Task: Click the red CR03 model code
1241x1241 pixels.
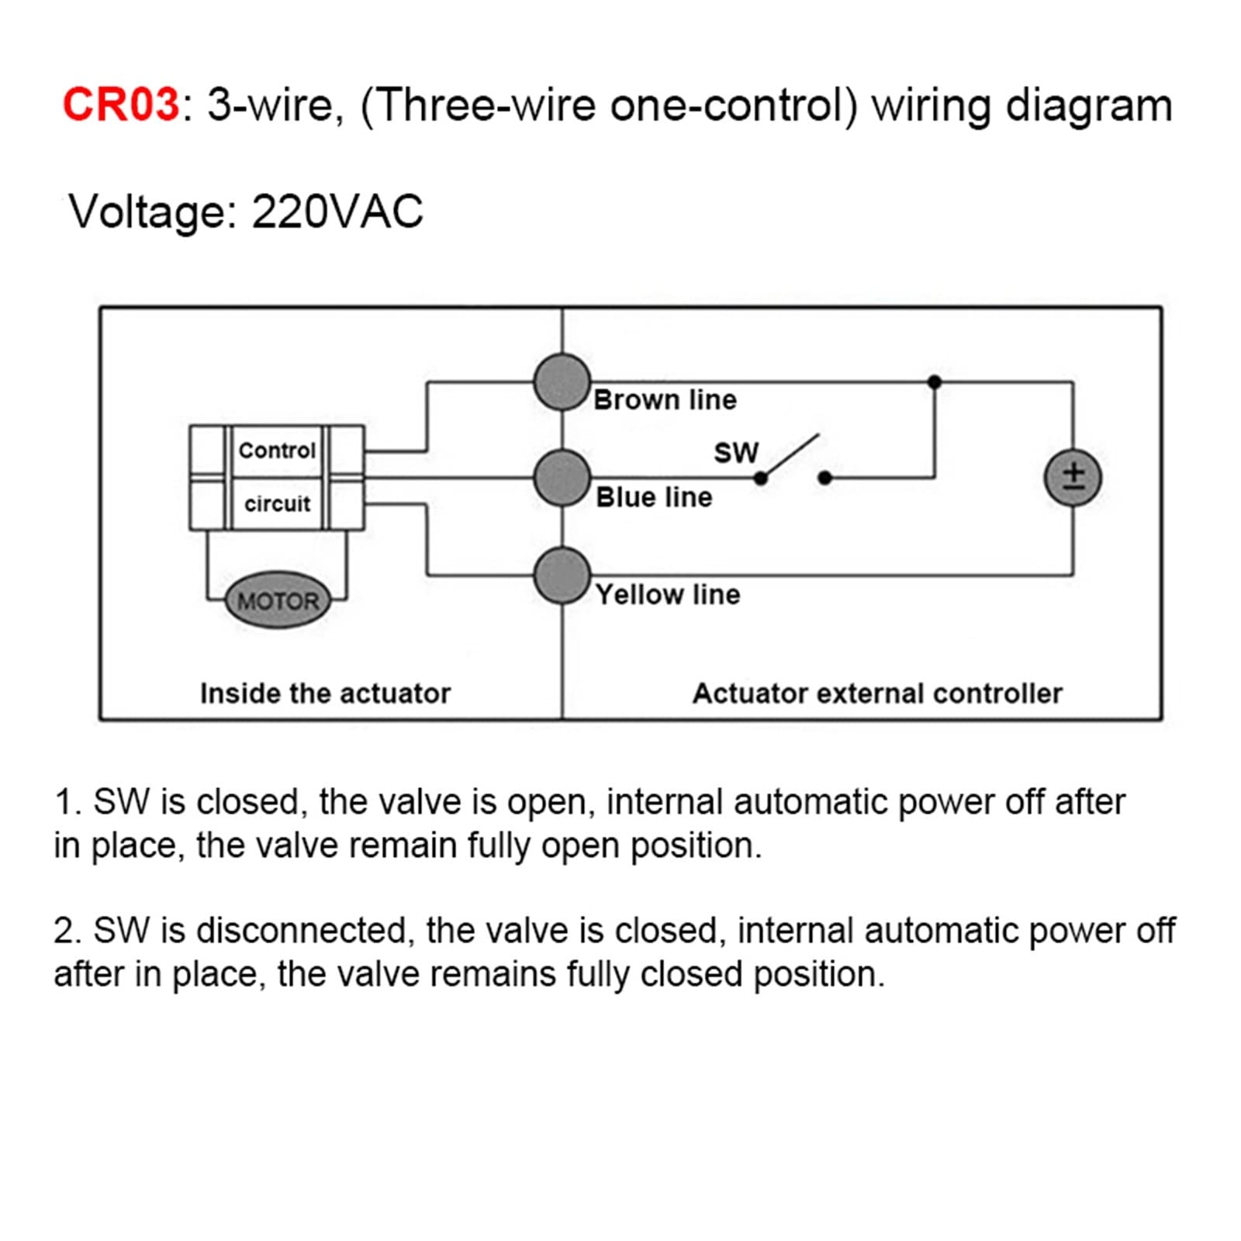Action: click(121, 104)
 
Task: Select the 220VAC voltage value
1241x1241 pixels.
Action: click(337, 211)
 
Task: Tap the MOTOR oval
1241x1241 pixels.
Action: click(278, 600)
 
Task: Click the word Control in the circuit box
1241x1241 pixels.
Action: click(277, 450)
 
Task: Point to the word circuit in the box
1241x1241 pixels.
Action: click(277, 503)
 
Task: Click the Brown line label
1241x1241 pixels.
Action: click(665, 400)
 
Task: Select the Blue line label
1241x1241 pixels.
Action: click(654, 497)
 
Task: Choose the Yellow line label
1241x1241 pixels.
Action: click(668, 595)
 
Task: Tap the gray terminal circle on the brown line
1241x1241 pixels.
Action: click(562, 382)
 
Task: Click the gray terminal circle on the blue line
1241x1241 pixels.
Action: click(562, 478)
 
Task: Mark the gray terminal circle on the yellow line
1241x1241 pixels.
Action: click(562, 576)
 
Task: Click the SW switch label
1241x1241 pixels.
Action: click(736, 453)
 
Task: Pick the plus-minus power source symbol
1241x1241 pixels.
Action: click(1073, 477)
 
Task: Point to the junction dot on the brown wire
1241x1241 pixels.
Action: click(935, 382)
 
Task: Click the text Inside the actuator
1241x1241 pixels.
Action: click(325, 693)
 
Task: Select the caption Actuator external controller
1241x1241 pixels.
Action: click(877, 693)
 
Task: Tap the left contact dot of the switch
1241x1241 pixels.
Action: click(761, 479)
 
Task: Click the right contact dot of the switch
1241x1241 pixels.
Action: click(825, 478)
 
